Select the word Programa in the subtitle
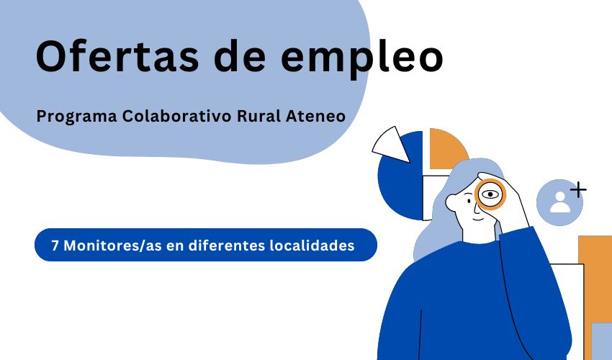click(76, 115)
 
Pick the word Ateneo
click(316, 115)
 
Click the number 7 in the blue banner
click(55, 245)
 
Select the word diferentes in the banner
click(224, 245)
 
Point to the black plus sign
click(577, 190)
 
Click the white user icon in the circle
click(559, 201)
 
